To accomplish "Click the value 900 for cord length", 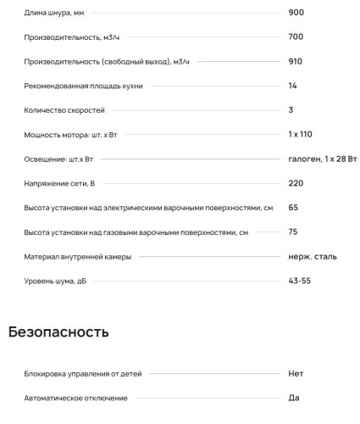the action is [x=296, y=13].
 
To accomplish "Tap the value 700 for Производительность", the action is [x=296, y=37].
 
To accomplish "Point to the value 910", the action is [x=296, y=62].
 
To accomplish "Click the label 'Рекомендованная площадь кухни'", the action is [x=83, y=86].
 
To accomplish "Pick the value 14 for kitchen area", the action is [x=292, y=86].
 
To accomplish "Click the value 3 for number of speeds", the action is [x=291, y=110].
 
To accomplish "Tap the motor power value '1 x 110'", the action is [x=301, y=135].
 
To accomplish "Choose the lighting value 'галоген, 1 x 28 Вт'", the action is [x=323, y=159].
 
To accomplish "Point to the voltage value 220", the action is [x=296, y=183].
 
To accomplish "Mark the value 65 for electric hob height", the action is [x=293, y=208].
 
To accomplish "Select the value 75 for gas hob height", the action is [x=293, y=232].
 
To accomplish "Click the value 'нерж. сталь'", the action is [x=313, y=256].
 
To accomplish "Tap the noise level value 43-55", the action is [x=300, y=281].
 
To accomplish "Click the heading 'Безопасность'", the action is [x=58, y=332].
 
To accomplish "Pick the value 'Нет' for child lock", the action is [x=296, y=373].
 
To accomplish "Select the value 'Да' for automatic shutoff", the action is [x=293, y=398].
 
